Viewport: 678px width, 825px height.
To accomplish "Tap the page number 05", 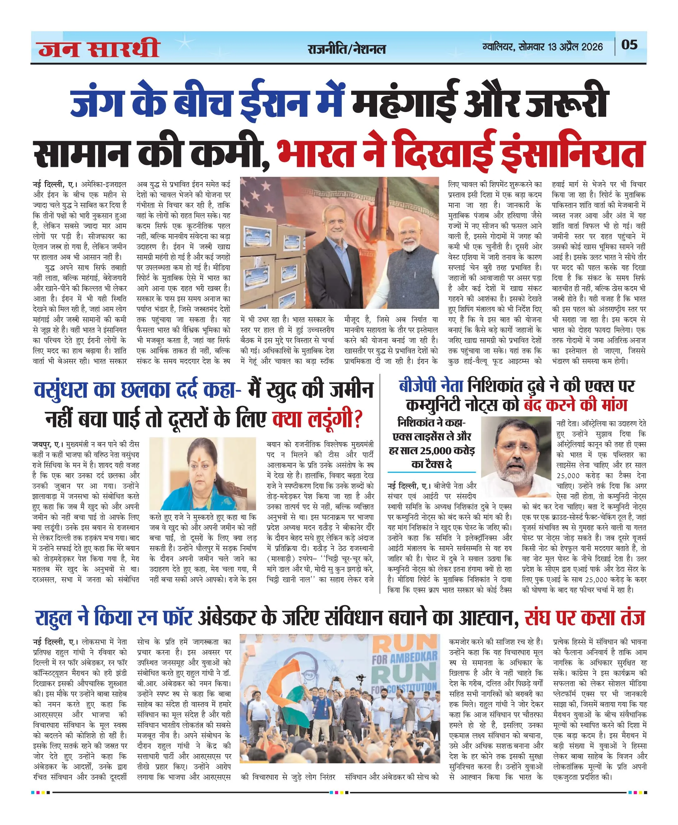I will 629,45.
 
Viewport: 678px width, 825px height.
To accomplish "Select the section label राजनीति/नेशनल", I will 346,49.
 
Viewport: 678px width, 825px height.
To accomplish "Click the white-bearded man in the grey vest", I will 414,254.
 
